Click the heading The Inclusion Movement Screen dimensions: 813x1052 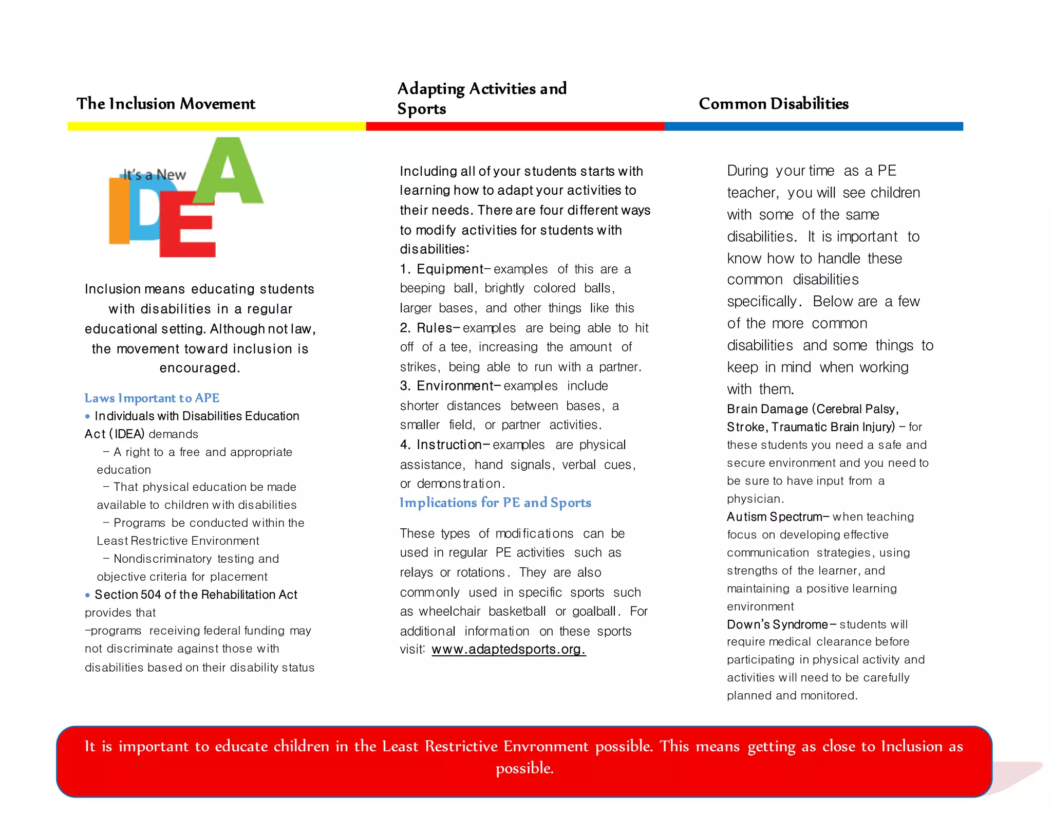tap(165, 104)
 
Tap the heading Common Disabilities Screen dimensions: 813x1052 tap(773, 104)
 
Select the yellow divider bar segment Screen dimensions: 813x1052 tap(216, 126)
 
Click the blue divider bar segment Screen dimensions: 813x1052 tap(813, 126)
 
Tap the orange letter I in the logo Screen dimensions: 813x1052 tap(119, 211)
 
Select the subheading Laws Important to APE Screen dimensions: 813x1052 tap(152, 398)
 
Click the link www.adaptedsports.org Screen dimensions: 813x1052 tap(508, 650)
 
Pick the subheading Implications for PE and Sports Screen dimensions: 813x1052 tap(495, 503)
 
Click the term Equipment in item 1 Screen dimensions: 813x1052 tap(449, 269)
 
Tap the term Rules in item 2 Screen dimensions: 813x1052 tap(434, 328)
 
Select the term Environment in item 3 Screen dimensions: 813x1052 tap(455, 386)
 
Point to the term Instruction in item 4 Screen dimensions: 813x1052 tap(448, 445)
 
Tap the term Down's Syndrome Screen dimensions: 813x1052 tap(777, 624)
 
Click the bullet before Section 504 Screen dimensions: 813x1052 tap(87, 595)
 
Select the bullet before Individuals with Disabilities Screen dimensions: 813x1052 tap(87, 416)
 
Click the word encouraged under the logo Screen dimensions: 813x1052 tap(200, 368)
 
